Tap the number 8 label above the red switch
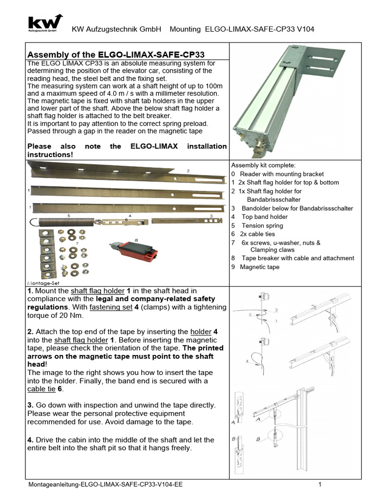[136, 240]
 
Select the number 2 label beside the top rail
[187, 171]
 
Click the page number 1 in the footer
[319, 484]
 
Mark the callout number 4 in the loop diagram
[248, 361]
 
